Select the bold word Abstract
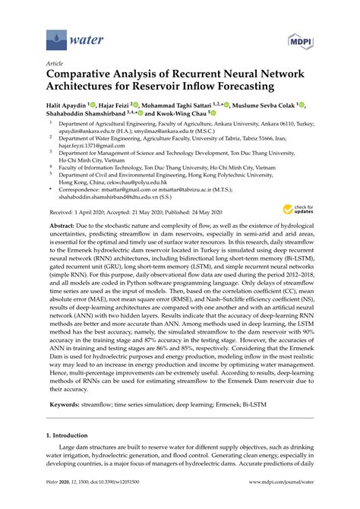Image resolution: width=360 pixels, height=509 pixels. coord(64,227)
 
